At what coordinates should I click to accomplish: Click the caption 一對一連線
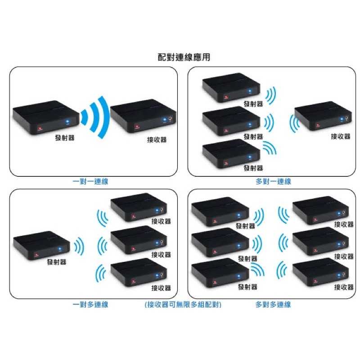(x=90, y=182)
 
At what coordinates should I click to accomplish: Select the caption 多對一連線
(x=273, y=182)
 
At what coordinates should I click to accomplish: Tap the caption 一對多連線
(x=90, y=305)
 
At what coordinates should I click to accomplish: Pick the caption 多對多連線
(x=273, y=305)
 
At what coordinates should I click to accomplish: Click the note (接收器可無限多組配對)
(x=183, y=305)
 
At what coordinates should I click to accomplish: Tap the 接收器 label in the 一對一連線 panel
(x=157, y=139)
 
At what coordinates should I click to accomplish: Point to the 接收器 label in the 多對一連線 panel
(x=340, y=136)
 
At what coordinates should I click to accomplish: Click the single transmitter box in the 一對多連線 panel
(x=40, y=245)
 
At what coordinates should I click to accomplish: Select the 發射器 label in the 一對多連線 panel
(x=56, y=262)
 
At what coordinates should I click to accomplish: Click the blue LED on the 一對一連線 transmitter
(x=67, y=121)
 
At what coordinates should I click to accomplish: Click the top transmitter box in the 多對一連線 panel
(x=231, y=87)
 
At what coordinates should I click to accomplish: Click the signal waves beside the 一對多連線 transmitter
(x=79, y=246)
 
